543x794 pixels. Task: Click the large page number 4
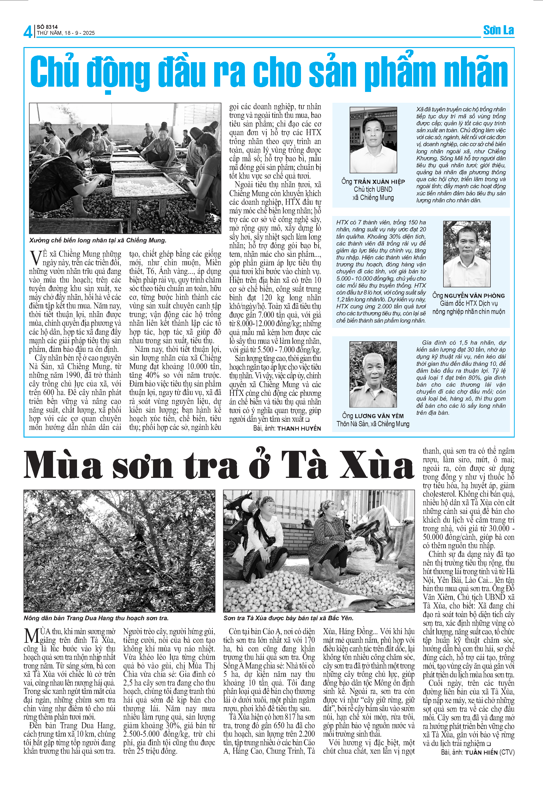pos(28,32)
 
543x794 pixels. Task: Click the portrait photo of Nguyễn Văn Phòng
pos(466,254)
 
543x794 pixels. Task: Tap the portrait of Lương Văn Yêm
pos(373,374)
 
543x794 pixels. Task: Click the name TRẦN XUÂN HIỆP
pos(379,182)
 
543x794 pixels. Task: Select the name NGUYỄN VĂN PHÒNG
pos(474,296)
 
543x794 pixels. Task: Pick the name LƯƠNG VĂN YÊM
pos(379,416)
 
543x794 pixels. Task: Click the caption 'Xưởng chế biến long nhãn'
pos(98,241)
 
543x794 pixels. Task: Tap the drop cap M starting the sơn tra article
pos(31,636)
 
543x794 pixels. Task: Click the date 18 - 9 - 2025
pos(79,33)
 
